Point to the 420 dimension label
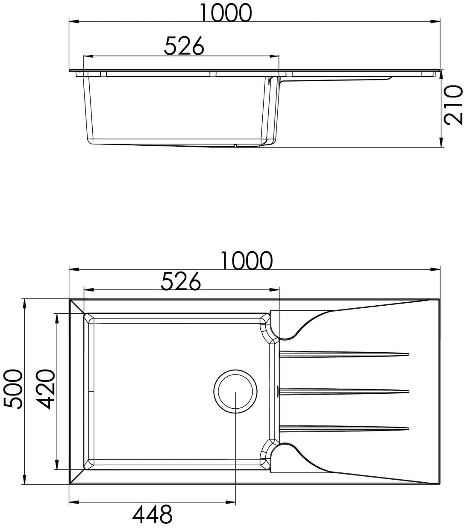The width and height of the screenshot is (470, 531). [45, 390]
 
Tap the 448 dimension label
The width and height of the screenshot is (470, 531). [153, 515]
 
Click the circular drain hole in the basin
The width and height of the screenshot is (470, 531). [235, 392]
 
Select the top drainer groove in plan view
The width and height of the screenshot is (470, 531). [344, 354]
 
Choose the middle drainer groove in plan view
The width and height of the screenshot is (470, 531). [344, 390]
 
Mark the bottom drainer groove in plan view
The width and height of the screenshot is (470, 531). [344, 428]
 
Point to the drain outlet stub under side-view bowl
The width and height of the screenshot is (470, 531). [235, 146]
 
